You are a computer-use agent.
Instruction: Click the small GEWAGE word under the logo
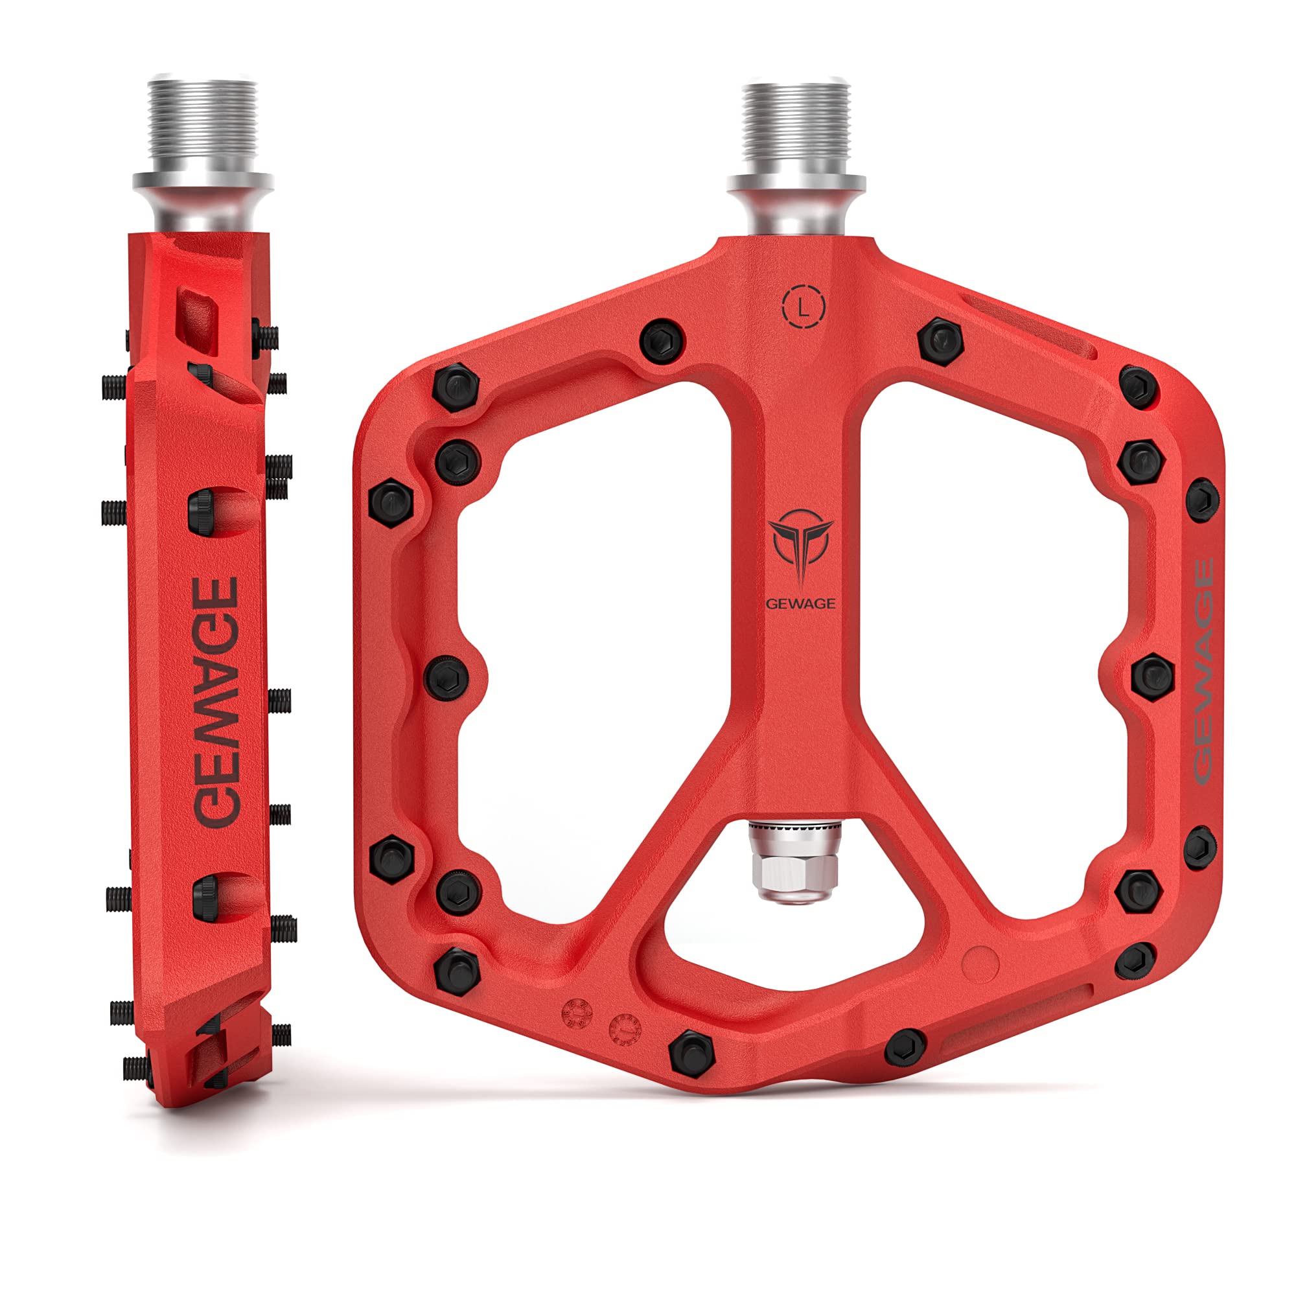801,604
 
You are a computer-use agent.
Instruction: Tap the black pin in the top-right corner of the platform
1139,386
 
